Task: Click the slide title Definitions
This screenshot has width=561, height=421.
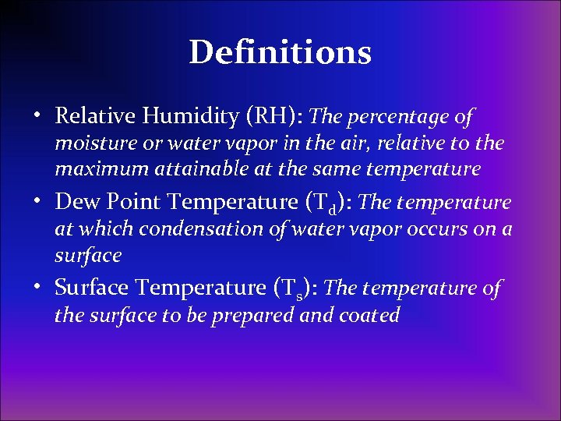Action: click(x=280, y=52)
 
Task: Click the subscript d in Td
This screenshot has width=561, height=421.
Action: click(x=333, y=210)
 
